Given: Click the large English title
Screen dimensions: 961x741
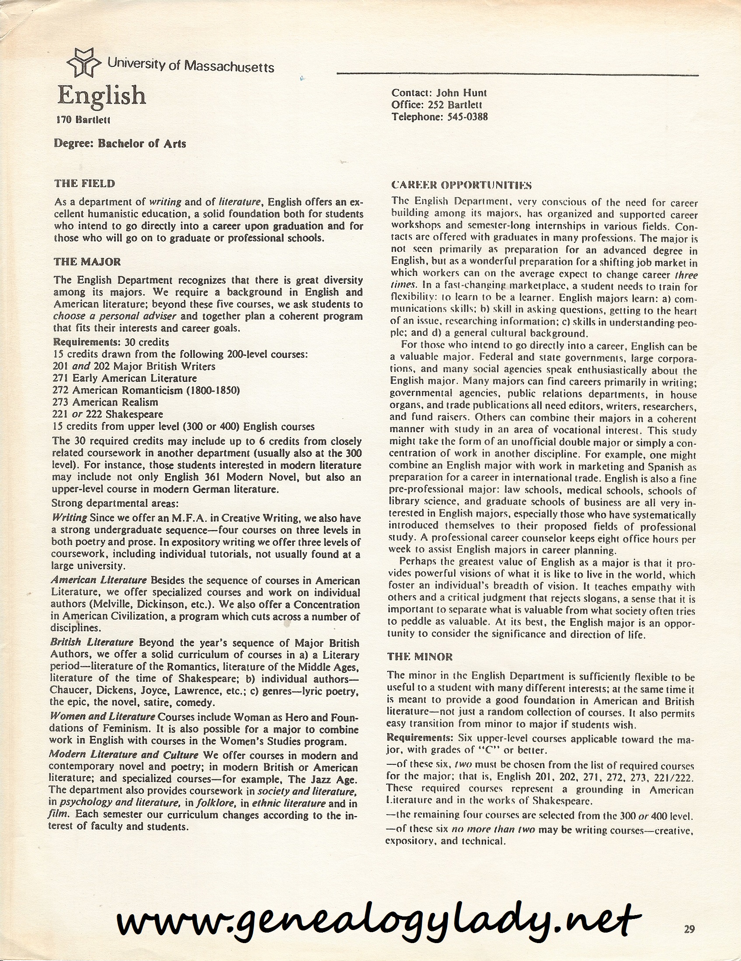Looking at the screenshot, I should tap(102, 95).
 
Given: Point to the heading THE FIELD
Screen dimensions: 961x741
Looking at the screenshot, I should tap(84, 183).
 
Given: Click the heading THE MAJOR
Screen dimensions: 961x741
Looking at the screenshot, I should tap(87, 262).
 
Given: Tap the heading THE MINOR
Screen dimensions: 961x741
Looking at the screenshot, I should tap(420, 657).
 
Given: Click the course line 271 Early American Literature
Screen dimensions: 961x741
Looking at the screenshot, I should tap(125, 378).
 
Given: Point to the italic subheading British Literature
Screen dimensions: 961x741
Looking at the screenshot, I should tap(92, 642).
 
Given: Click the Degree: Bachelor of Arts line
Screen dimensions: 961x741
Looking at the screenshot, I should tap(120, 143).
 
